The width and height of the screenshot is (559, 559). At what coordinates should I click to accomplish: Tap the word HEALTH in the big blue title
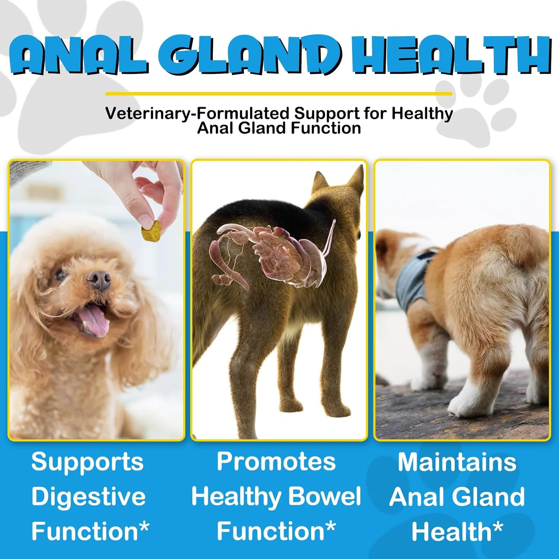451,55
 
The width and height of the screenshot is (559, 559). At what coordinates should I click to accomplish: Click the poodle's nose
99,279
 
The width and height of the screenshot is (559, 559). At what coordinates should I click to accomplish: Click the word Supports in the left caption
87,462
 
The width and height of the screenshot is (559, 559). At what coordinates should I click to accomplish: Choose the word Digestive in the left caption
88,497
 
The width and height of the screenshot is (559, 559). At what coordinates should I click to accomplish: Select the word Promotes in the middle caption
276,462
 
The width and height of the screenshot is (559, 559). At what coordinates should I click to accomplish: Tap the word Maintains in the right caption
457,462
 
